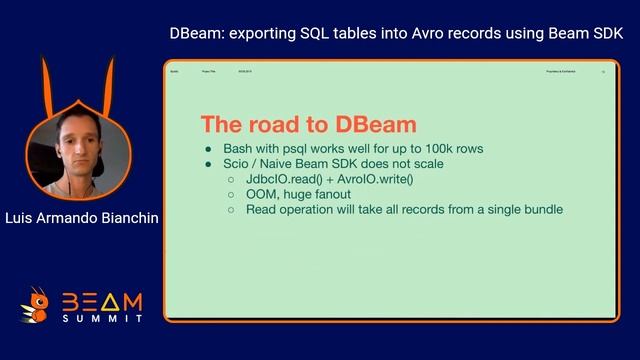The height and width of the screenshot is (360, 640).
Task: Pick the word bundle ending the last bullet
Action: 541,209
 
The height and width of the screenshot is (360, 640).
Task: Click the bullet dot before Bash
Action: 210,148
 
